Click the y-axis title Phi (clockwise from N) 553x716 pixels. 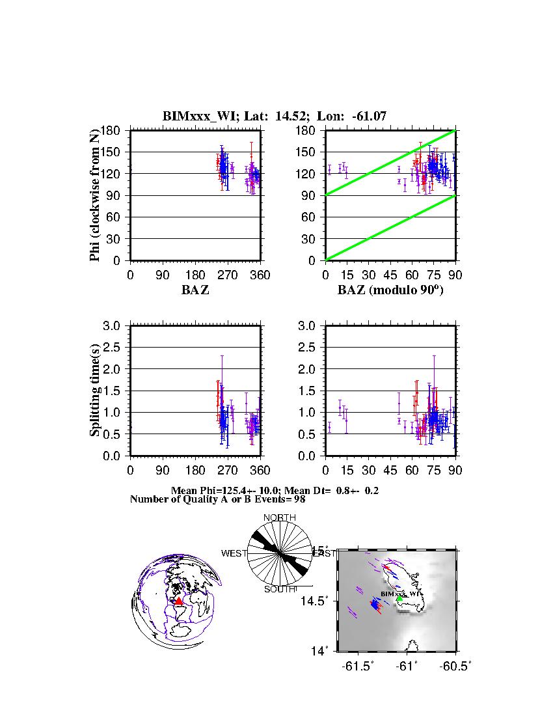(x=95, y=195)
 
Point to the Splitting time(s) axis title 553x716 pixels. (x=95, y=391)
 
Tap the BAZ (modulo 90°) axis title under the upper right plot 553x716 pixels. (x=390, y=290)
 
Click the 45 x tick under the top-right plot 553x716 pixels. (x=390, y=275)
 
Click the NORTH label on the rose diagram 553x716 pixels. (x=279, y=517)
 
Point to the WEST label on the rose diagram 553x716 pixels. (x=234, y=553)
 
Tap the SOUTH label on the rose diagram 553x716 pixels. (x=279, y=589)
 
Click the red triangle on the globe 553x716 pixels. (x=179, y=601)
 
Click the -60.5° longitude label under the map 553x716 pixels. (x=455, y=666)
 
